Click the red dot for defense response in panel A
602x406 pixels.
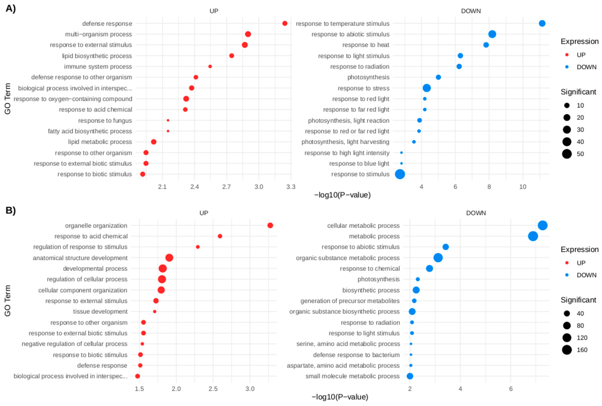285,23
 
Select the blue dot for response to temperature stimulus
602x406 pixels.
542,23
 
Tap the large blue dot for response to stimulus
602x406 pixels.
400,174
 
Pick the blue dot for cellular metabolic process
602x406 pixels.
542,225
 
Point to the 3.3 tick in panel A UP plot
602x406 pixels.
291,187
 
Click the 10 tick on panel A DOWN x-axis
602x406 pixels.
522,187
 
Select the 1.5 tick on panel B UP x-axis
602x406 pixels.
139,389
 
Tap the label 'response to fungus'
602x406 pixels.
105,121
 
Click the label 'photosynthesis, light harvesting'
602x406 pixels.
345,142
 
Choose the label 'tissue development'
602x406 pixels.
100,312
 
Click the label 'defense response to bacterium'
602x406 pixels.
356,355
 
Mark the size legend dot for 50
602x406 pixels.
567,154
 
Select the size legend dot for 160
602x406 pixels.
567,350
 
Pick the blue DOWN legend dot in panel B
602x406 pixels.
567,275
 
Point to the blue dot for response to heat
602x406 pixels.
486,45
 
